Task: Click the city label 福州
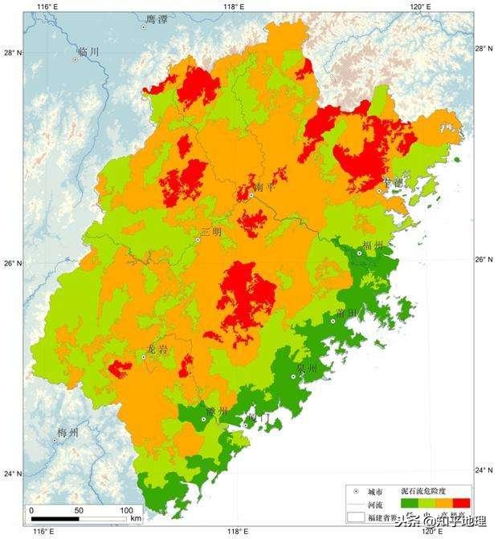click(373, 245)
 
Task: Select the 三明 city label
click(210, 232)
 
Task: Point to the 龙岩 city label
click(157, 349)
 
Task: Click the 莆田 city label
click(347, 313)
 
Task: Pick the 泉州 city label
click(307, 368)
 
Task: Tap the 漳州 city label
click(217, 411)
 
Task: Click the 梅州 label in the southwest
click(67, 433)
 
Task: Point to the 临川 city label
click(88, 51)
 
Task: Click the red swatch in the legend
click(462, 503)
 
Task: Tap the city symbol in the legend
click(355, 491)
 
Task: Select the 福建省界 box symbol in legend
click(355, 518)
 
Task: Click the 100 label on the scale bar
click(126, 510)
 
